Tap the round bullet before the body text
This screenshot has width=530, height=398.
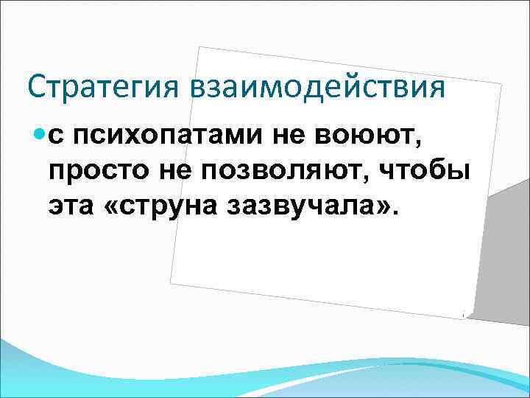click(40, 134)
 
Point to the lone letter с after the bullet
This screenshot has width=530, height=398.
click(57, 136)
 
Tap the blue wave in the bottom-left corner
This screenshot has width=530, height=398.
click(29, 369)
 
